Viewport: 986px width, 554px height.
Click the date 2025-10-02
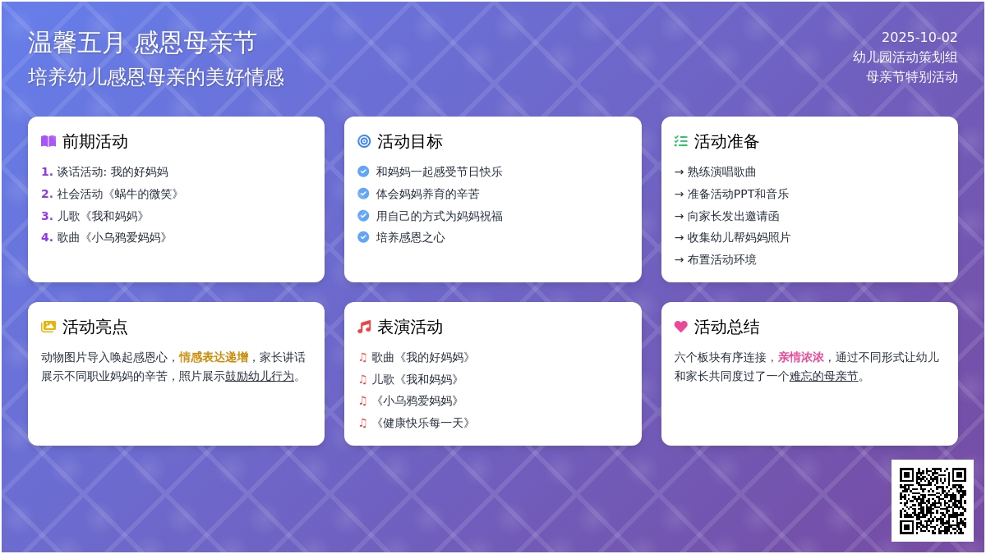coord(919,38)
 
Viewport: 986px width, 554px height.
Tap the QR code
coord(933,501)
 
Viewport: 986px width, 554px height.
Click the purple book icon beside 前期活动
coord(48,141)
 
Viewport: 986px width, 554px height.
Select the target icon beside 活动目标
coord(364,141)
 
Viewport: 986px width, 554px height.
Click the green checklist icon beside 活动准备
coord(680,141)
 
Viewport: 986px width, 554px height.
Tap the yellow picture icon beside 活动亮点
coord(48,327)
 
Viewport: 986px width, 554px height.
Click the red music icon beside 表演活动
coord(364,327)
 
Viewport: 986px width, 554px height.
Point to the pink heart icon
coord(680,327)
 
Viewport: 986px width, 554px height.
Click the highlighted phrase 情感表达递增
coord(214,358)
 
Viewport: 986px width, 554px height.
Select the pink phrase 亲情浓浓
coord(800,358)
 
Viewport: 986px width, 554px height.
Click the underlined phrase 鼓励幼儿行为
coord(260,377)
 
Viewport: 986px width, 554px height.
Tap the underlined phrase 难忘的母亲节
coord(823,377)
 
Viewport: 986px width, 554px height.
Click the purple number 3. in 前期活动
coord(47,216)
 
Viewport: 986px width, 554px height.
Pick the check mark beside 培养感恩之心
coord(363,237)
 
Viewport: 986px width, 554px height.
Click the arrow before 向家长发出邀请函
coord(679,217)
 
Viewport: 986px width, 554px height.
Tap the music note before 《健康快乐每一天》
coord(362,423)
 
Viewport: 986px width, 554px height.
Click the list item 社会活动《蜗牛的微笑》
coord(117,194)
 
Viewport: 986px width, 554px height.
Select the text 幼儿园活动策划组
coord(905,57)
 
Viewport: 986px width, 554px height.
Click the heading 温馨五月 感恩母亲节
coord(142,43)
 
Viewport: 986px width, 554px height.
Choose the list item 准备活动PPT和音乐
coord(738,194)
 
